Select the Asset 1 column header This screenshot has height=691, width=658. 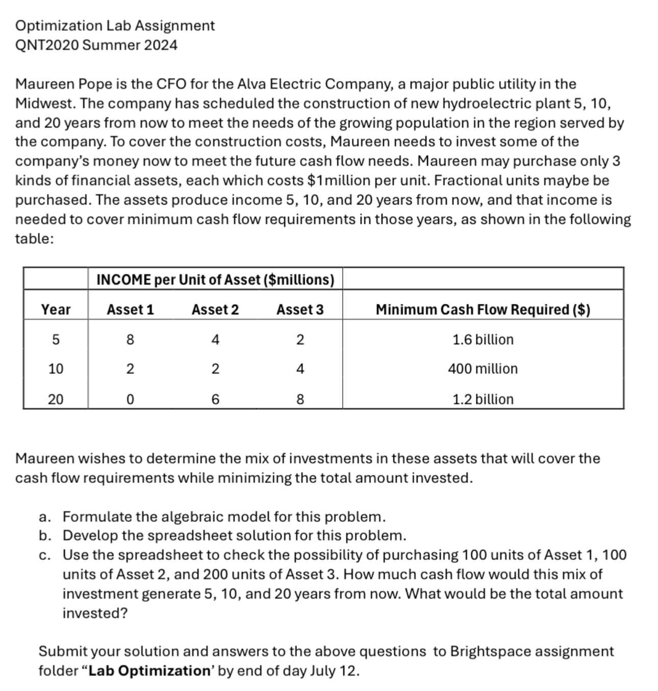click(130, 310)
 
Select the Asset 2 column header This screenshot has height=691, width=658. click(215, 310)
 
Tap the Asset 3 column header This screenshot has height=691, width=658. click(300, 310)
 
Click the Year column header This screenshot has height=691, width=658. click(56, 310)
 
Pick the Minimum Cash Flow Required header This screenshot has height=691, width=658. click(483, 310)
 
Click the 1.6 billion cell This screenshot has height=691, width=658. click(483, 340)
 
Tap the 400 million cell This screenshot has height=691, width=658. click(483, 369)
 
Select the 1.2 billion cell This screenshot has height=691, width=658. click(483, 399)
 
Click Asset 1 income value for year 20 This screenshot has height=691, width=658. click(130, 399)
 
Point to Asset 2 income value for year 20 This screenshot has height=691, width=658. click(215, 399)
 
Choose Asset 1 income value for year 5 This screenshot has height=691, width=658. click(130, 340)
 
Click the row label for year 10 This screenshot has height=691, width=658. click(56, 369)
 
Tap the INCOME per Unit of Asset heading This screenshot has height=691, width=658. click(215, 279)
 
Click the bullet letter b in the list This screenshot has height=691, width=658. click(44, 535)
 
